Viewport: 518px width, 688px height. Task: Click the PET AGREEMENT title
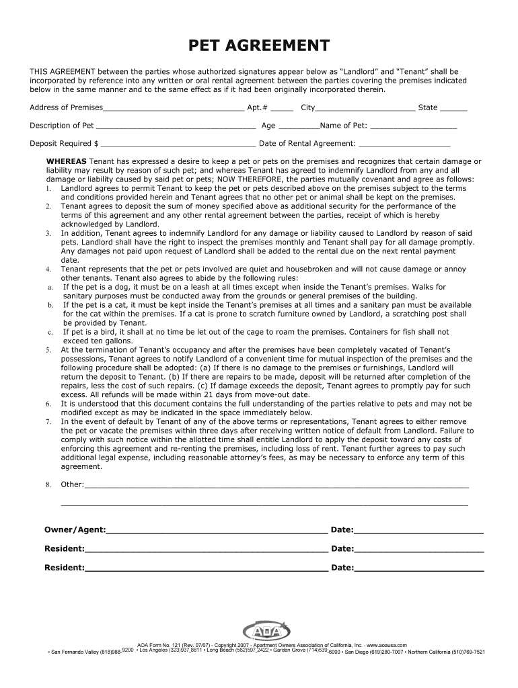pyautogui.click(x=259, y=46)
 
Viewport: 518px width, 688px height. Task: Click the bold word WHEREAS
pyautogui.click(x=66, y=162)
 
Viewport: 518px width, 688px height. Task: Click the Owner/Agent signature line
pyautogui.click(x=217, y=532)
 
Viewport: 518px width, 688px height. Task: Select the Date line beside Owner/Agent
pyautogui.click(x=418, y=532)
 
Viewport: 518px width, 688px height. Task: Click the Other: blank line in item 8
pyautogui.click(x=276, y=486)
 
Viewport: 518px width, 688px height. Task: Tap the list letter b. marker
pyautogui.click(x=50, y=305)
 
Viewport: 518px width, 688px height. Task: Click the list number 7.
pyautogui.click(x=48, y=422)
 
